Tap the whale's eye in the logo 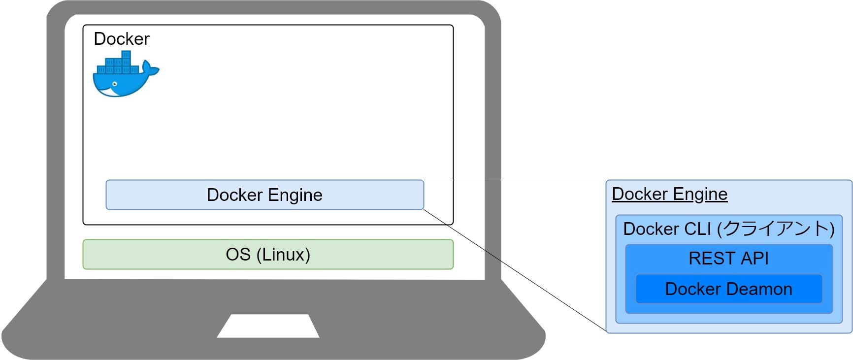coord(115,84)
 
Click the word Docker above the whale coord(121,39)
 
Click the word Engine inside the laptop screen coord(295,195)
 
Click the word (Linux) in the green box coord(283,255)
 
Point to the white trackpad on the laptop coord(268,326)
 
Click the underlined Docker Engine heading coord(669,194)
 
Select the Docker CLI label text coord(667,229)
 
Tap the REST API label coord(728,259)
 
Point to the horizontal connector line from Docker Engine coord(515,180)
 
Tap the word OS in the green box coord(238,255)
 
